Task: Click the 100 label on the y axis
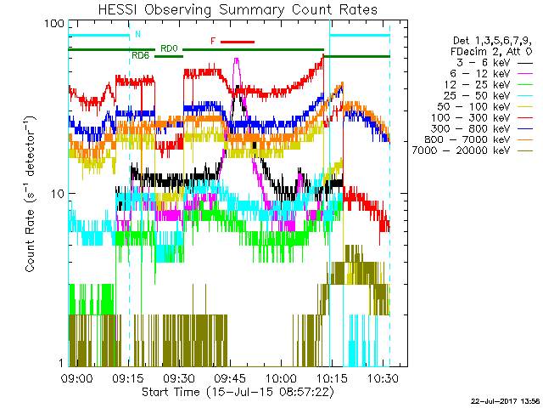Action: (54, 23)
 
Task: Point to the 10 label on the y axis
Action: (58, 193)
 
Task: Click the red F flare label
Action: (213, 41)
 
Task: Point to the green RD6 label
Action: (141, 55)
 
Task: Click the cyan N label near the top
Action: (137, 35)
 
